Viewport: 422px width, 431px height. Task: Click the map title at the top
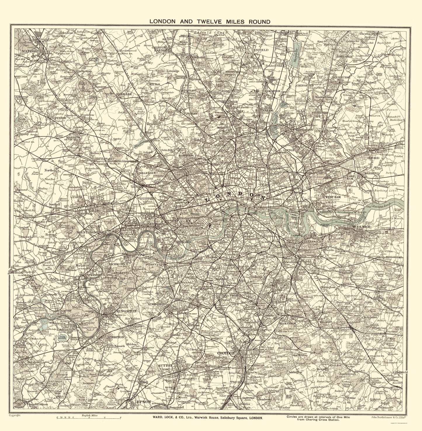tap(210, 21)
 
